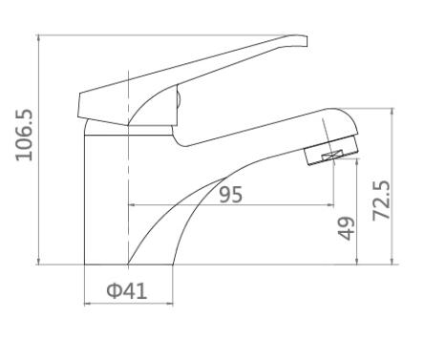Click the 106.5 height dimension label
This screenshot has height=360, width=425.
click(x=25, y=135)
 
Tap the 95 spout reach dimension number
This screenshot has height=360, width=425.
click(x=231, y=195)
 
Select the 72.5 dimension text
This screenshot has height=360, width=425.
click(x=381, y=201)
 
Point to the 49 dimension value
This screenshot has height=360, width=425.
click(x=346, y=228)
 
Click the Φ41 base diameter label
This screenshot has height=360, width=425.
click(x=127, y=290)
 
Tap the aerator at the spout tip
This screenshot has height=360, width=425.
click(x=332, y=150)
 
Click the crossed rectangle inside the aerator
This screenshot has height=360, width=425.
click(x=332, y=156)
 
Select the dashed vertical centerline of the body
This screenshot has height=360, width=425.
click(x=128, y=167)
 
